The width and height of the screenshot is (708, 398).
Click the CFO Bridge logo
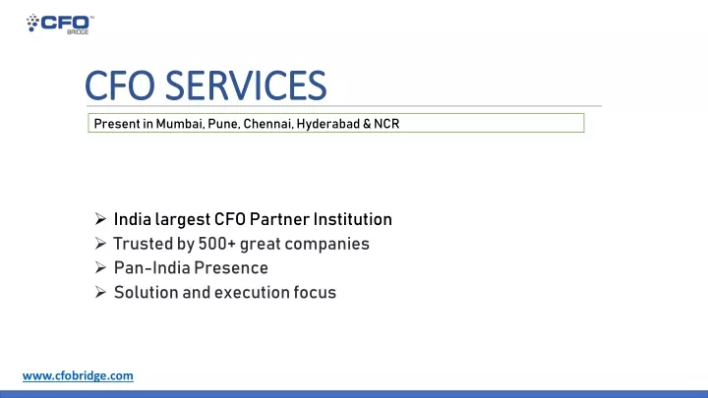point(60,24)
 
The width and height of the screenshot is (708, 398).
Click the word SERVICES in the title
point(246,85)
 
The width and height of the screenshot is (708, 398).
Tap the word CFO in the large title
point(120,85)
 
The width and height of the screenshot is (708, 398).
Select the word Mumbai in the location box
point(180,124)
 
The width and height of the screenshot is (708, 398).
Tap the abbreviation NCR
point(386,124)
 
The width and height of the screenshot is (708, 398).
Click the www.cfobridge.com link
point(78,375)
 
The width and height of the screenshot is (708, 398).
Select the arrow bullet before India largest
point(100,219)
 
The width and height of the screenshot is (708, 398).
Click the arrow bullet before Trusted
point(100,244)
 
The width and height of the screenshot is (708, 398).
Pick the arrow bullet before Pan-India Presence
point(100,267)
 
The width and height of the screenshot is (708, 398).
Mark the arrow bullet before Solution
point(100,292)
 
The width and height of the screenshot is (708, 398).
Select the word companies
point(326,244)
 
